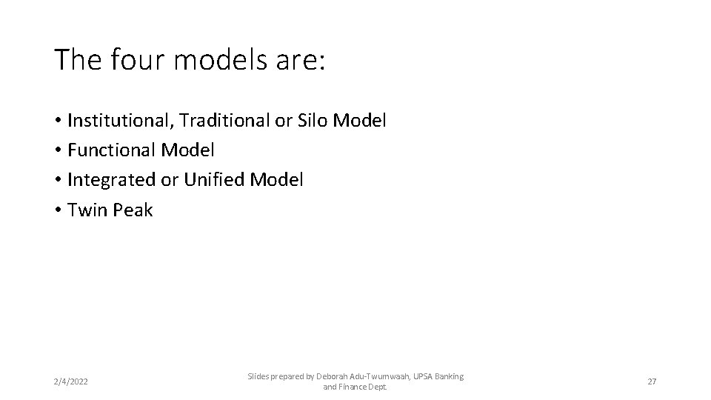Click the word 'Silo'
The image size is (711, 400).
[x=313, y=120]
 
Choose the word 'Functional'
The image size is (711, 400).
[x=111, y=150]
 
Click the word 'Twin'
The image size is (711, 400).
[x=87, y=210]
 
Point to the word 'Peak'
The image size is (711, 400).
[x=133, y=210]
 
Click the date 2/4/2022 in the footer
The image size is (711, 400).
[x=70, y=381]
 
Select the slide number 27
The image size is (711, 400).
[x=652, y=381]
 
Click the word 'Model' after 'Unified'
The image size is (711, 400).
[x=276, y=180]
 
